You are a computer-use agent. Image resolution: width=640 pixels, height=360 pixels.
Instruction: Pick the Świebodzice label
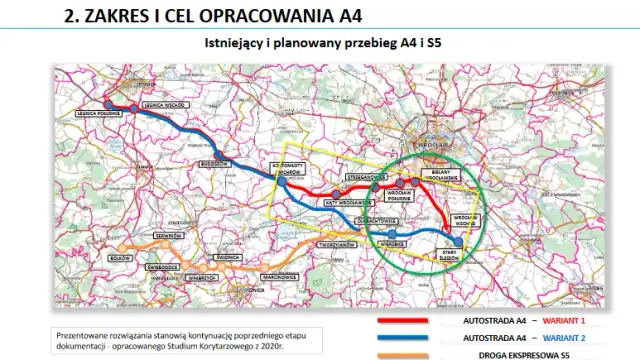pos(162,268)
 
